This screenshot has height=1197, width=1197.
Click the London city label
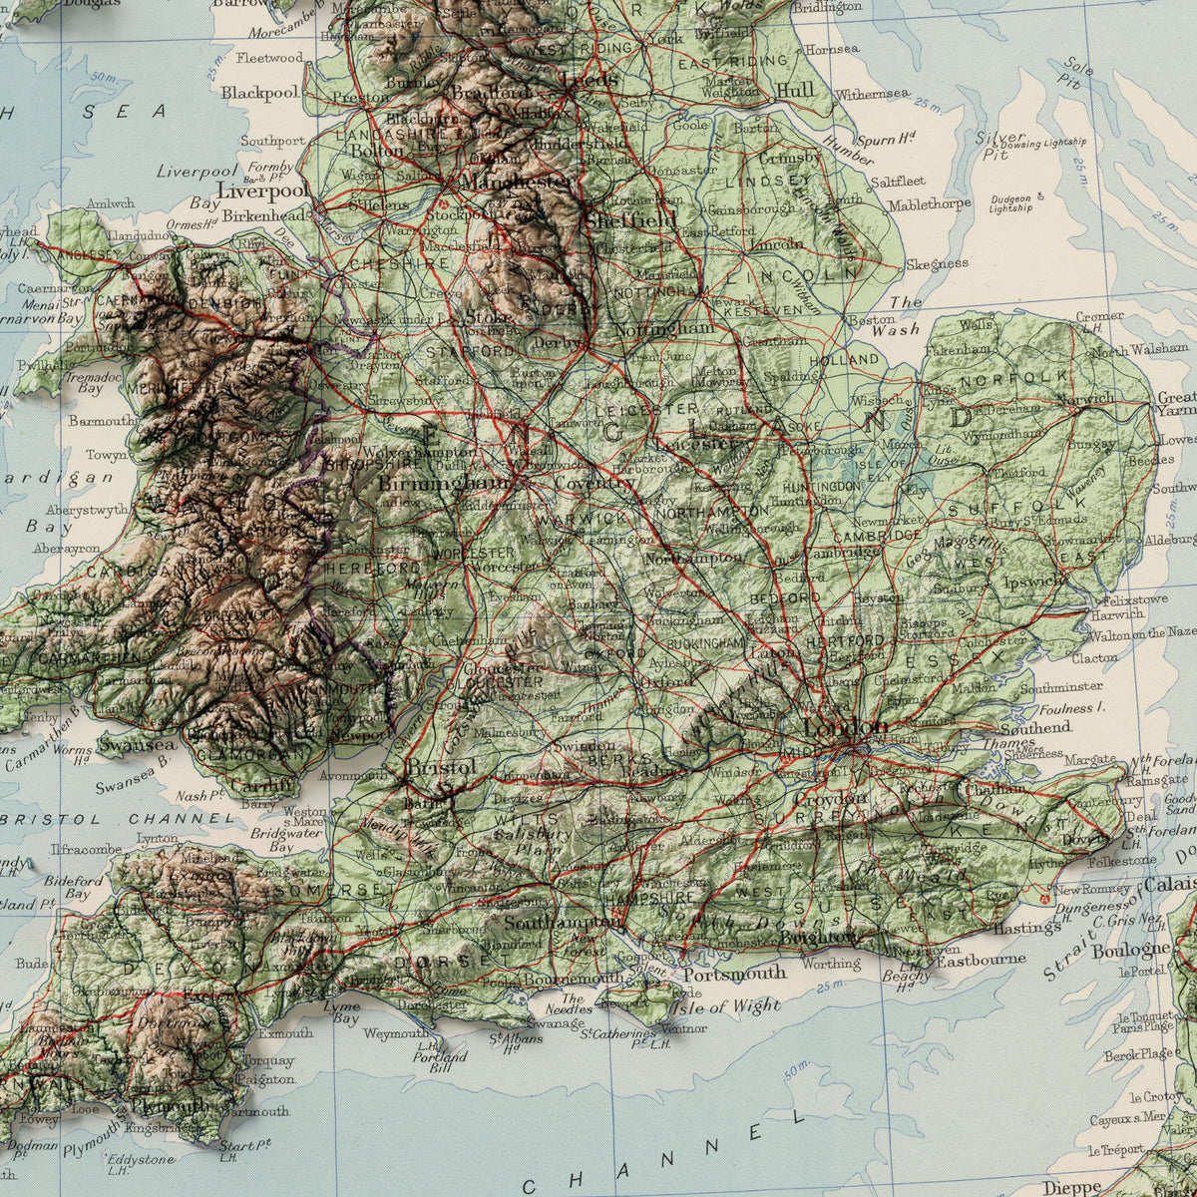pyautogui.click(x=845, y=727)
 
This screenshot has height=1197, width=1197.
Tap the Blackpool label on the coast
pyautogui.click(x=259, y=92)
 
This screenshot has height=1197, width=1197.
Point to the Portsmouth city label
pyautogui.click(x=734, y=973)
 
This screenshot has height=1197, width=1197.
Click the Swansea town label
pyautogui.click(x=137, y=744)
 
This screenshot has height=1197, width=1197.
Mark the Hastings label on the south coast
pyautogui.click(x=1026, y=928)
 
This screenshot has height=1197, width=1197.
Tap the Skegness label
pyautogui.click(x=937, y=264)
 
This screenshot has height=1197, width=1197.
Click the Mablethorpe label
pyautogui.click(x=929, y=204)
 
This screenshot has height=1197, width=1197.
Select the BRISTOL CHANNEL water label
pyautogui.click(x=120, y=818)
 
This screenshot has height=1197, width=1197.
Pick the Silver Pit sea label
pyautogui.click(x=1000, y=145)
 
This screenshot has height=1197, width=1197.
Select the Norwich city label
pyautogui.click(x=1085, y=399)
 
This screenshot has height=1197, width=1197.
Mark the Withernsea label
pyautogui.click(x=873, y=95)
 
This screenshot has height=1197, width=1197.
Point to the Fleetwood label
pyautogui.click(x=269, y=58)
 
